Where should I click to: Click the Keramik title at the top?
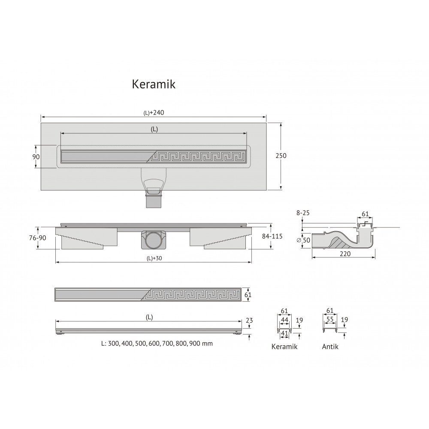[154, 84]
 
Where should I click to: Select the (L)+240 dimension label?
[154, 113]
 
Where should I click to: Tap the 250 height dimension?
[281, 156]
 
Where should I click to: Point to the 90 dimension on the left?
[36, 157]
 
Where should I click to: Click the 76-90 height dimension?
[38, 238]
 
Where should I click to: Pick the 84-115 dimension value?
[272, 236]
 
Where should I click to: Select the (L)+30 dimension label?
[154, 258]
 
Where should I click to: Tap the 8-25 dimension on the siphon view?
[302, 213]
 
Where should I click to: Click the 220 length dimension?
[345, 254]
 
